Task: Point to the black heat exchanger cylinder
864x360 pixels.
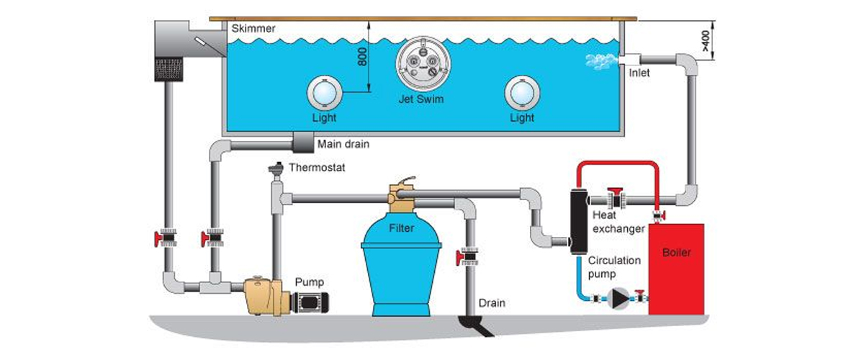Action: [x=578, y=220]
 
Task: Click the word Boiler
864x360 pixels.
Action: [x=677, y=254]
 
